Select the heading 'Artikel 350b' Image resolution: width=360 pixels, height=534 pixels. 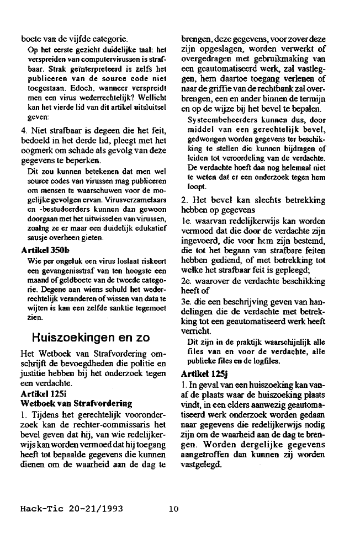pos(41,250)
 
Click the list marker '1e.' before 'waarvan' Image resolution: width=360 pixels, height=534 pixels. pos(187,223)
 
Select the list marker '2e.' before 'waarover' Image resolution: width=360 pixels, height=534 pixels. pos(187,280)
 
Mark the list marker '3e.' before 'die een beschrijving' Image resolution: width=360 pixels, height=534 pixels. pos(187,302)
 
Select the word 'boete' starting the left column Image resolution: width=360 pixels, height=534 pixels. pos(30,39)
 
